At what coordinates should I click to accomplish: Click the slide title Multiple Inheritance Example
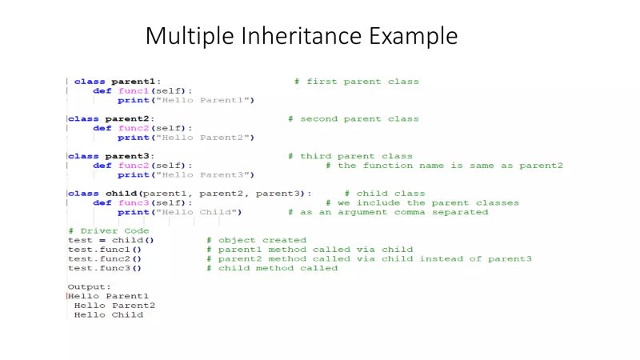pyautogui.click(x=301, y=36)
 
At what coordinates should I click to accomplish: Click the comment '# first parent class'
pyautogui.click(x=356, y=82)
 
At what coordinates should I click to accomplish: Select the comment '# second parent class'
pyautogui.click(x=353, y=119)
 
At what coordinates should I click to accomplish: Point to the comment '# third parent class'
pyautogui.click(x=350, y=156)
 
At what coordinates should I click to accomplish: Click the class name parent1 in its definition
pyautogui.click(x=135, y=82)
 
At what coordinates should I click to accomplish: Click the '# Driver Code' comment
pyautogui.click(x=109, y=231)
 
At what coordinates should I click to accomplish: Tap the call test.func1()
pyautogui.click(x=105, y=250)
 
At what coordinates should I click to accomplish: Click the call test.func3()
pyautogui.click(x=105, y=268)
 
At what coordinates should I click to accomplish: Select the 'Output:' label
pyautogui.click(x=90, y=286)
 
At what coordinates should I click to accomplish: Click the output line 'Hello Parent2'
pyautogui.click(x=114, y=306)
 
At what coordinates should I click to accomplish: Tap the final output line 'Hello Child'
pyautogui.click(x=109, y=315)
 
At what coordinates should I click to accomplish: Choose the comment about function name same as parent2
pyautogui.click(x=444, y=166)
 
